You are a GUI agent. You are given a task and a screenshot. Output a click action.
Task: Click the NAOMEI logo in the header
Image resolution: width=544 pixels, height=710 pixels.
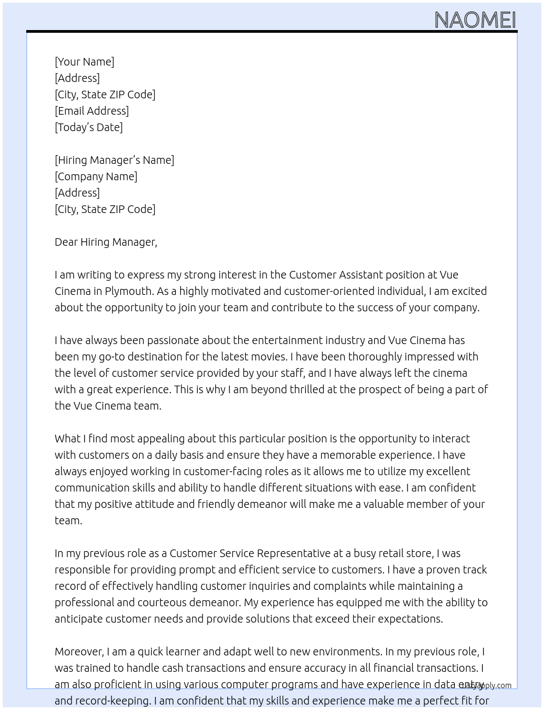475,20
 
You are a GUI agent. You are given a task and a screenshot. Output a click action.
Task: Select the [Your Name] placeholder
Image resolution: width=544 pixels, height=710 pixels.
84,62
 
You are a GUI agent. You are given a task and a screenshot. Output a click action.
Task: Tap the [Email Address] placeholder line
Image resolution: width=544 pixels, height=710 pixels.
92,111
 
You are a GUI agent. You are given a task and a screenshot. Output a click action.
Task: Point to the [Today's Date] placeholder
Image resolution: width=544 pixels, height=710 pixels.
88,127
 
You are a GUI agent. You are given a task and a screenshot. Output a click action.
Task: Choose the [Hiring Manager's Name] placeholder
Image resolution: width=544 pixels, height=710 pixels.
114,160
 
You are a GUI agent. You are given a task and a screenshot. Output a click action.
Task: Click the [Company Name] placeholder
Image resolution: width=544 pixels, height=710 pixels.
96,176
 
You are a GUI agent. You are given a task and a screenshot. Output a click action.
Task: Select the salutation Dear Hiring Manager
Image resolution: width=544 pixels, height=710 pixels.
105,242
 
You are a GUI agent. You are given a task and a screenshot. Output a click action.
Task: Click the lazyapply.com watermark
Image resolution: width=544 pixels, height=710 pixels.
486,685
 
